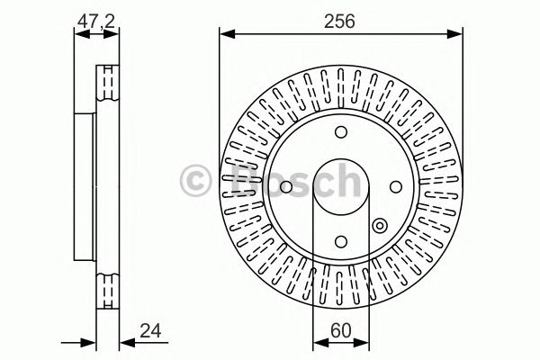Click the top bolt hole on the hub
click(x=340, y=132)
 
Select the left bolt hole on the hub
click(x=285, y=186)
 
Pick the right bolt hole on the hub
click(x=394, y=186)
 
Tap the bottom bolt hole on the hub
click(x=340, y=240)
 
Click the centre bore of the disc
click(x=340, y=186)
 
